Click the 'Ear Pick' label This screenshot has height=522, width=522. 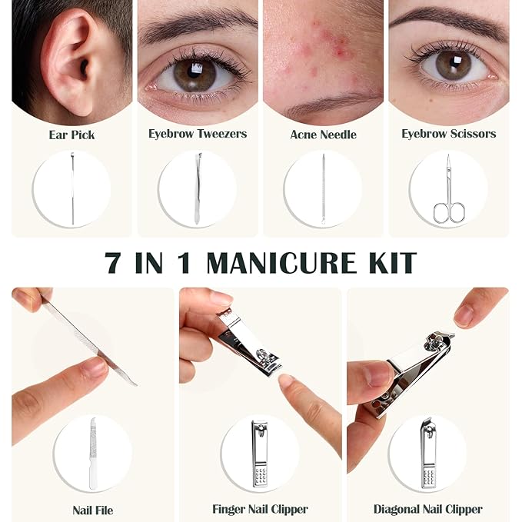(x=71, y=135)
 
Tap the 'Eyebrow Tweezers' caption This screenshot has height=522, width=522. (x=198, y=134)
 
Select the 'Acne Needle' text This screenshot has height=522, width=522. (x=323, y=135)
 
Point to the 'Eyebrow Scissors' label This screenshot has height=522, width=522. (x=449, y=134)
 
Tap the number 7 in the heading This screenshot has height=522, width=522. (x=113, y=263)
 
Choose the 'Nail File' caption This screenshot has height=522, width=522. (x=92, y=510)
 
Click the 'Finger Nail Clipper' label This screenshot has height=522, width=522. (x=260, y=510)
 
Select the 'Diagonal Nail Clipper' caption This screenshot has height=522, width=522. (x=427, y=510)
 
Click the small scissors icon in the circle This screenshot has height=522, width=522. (x=448, y=189)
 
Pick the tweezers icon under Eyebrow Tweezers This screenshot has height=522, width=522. (x=198, y=188)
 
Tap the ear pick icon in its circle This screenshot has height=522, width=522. (x=72, y=188)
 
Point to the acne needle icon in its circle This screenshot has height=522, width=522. (x=323, y=189)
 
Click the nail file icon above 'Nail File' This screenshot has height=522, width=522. (x=92, y=454)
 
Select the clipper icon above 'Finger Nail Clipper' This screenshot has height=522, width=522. (x=260, y=454)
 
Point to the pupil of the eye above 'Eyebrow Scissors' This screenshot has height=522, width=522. (x=453, y=62)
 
